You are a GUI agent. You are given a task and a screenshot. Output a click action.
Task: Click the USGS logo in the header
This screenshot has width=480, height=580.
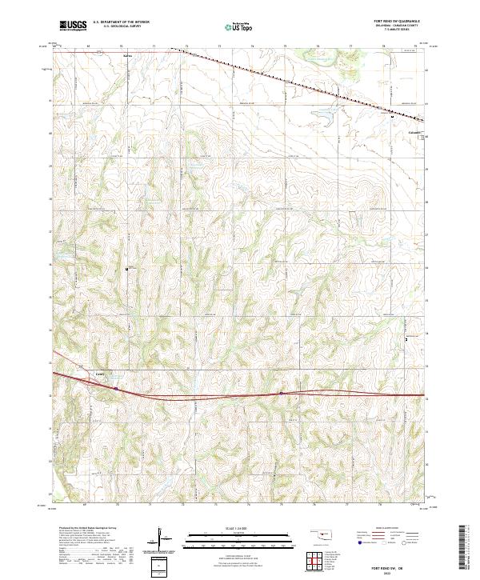pos(73,26)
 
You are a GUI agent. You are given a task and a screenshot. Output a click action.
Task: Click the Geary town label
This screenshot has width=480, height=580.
pos(100,374)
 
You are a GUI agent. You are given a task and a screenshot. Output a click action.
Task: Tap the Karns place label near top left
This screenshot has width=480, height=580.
pos(127,56)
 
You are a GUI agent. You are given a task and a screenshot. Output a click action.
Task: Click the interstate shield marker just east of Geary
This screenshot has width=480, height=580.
pos(116,390)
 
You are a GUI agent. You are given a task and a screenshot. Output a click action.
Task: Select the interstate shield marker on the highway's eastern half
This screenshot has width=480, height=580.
pos(282,393)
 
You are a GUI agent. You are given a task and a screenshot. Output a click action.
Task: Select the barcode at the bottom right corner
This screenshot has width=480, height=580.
pos(464,546)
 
